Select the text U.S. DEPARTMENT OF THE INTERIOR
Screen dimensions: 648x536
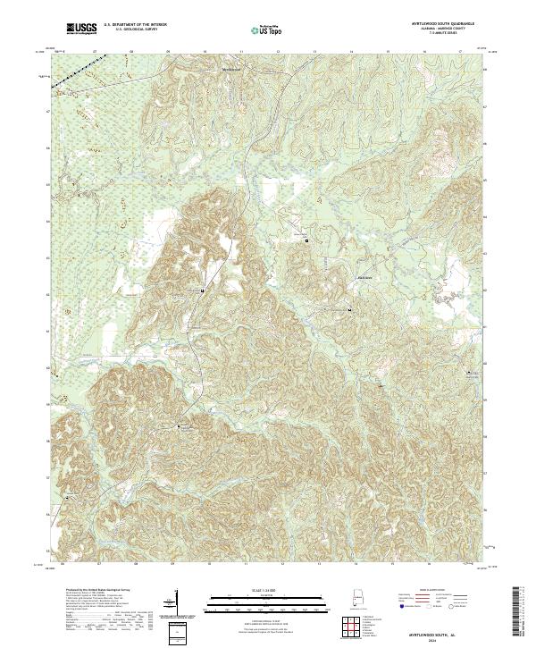(136, 26)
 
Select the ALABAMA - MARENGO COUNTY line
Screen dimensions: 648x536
(442, 30)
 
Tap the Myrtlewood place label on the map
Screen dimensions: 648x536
(233, 66)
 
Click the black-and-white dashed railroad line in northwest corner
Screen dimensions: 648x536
(69, 76)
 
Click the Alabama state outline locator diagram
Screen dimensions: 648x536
(353, 602)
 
